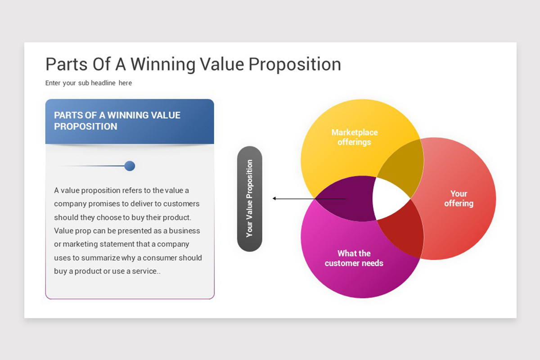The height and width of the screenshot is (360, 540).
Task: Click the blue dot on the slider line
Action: coord(130,166)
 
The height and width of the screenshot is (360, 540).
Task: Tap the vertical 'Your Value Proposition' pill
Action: coord(249,199)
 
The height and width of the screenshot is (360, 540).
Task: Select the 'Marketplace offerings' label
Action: coord(355,137)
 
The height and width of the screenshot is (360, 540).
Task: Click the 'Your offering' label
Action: coord(459,198)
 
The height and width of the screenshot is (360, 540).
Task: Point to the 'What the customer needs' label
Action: coord(354,258)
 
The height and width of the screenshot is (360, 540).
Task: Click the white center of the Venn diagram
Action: coord(391,199)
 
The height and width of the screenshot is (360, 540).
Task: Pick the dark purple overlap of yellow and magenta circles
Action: coord(347,199)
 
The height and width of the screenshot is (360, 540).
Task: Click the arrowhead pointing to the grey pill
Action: coord(274,198)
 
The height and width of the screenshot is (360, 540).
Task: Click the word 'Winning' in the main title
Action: coord(163,65)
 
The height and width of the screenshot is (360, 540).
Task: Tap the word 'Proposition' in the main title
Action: coord(295,65)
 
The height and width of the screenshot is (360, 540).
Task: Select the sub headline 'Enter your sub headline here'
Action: coord(89,83)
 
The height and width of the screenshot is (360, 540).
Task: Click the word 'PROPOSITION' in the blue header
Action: coord(85,126)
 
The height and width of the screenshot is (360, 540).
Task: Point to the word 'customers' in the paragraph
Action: coord(181,204)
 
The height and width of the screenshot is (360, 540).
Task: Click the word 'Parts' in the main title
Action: coord(67,65)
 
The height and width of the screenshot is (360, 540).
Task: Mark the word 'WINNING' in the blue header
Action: coord(126,115)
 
